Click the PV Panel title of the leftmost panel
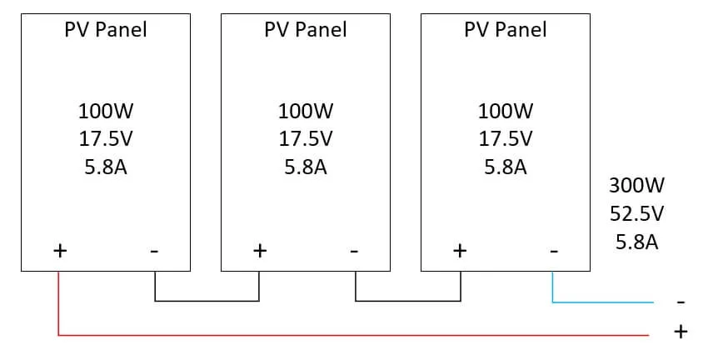pyautogui.click(x=105, y=30)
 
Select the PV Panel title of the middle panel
pyautogui.click(x=305, y=30)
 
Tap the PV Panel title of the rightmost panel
pyautogui.click(x=505, y=30)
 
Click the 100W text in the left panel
pyautogui.click(x=105, y=110)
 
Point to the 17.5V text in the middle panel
pyautogui.click(x=305, y=138)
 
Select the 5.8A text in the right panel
pyautogui.click(x=505, y=167)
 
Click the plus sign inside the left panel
pyautogui.click(x=59, y=250)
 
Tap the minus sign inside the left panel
pyautogui.click(x=154, y=250)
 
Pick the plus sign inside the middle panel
pyautogui.click(x=259, y=250)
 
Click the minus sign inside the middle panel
pyautogui.click(x=354, y=250)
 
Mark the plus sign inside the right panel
pyautogui.click(x=459, y=250)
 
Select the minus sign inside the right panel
pyautogui.click(x=553, y=250)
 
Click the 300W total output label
pyautogui.click(x=637, y=185)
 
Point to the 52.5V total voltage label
pyautogui.click(x=637, y=213)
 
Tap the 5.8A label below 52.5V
pyautogui.click(x=637, y=242)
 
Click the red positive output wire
pyautogui.click(x=333, y=336)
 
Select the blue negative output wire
pyautogui.click(x=600, y=302)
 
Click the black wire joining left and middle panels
pyautogui.click(x=207, y=301)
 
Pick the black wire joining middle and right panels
pyautogui.click(x=408, y=301)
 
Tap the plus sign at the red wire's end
pyautogui.click(x=681, y=332)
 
